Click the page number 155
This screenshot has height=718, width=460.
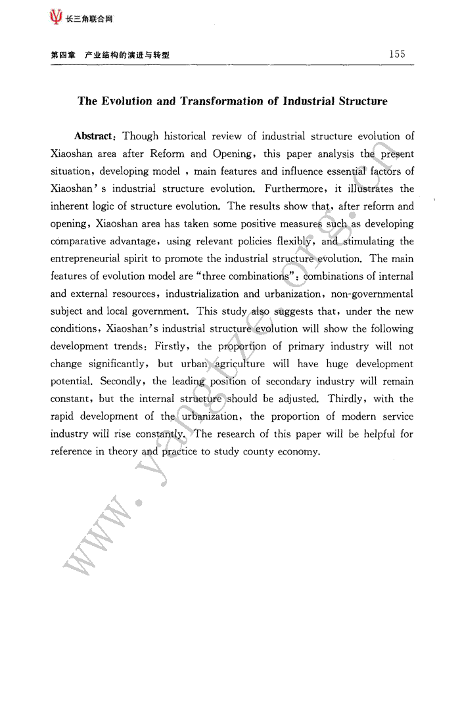click(397, 55)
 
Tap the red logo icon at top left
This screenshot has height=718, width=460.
click(56, 18)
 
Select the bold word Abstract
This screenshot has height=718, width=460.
click(94, 137)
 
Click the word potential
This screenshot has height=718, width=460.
click(69, 382)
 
